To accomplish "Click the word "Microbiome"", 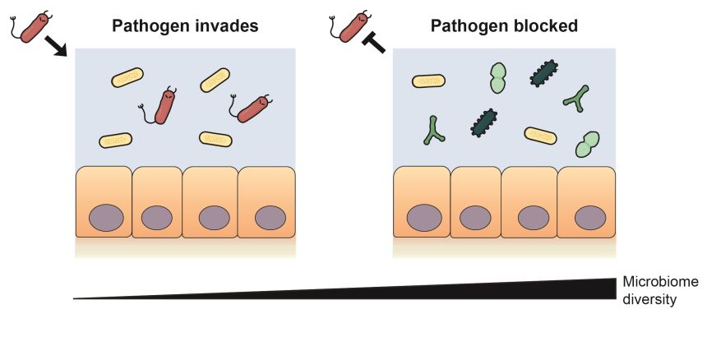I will tap(660, 283).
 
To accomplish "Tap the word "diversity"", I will tap(650, 300).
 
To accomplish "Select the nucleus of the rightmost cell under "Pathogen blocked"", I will tap(589, 218).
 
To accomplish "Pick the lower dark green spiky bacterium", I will tap(484, 122).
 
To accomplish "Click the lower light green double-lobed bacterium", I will tap(587, 144).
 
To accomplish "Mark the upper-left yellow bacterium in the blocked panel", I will tap(428, 81).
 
